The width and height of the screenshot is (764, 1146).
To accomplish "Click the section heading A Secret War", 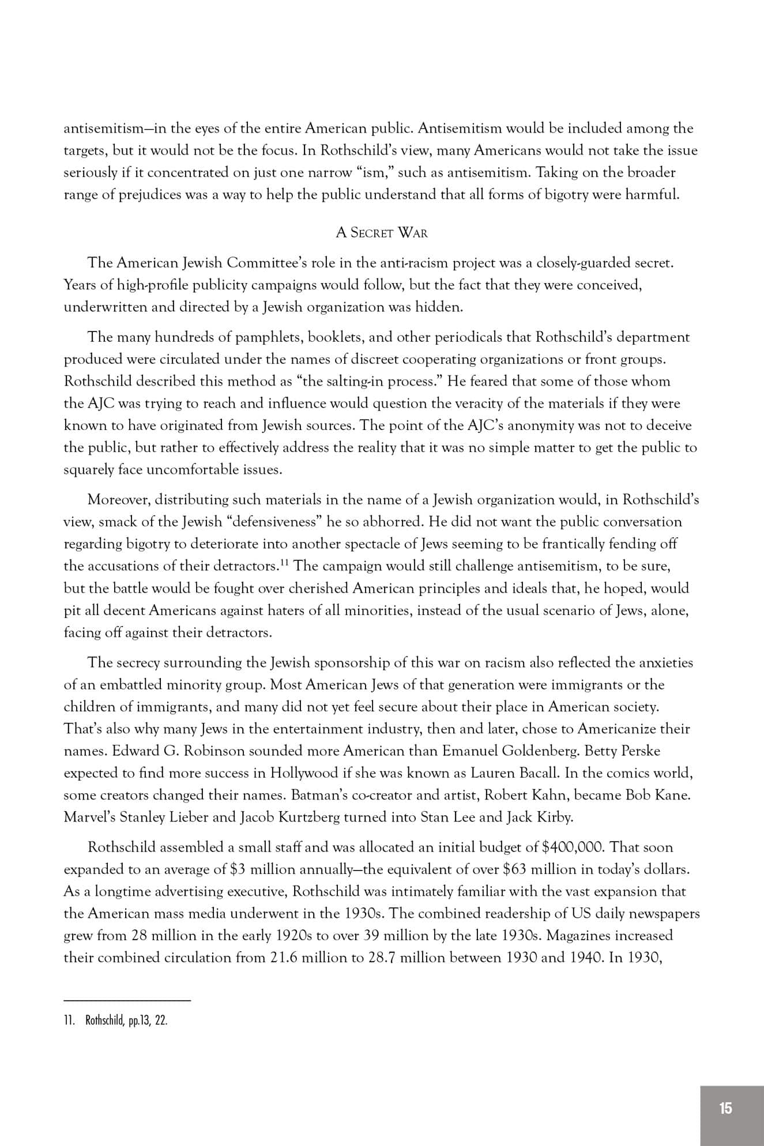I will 382,233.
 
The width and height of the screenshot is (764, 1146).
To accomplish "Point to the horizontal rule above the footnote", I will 127,1000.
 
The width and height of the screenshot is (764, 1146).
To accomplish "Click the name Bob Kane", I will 658,795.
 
